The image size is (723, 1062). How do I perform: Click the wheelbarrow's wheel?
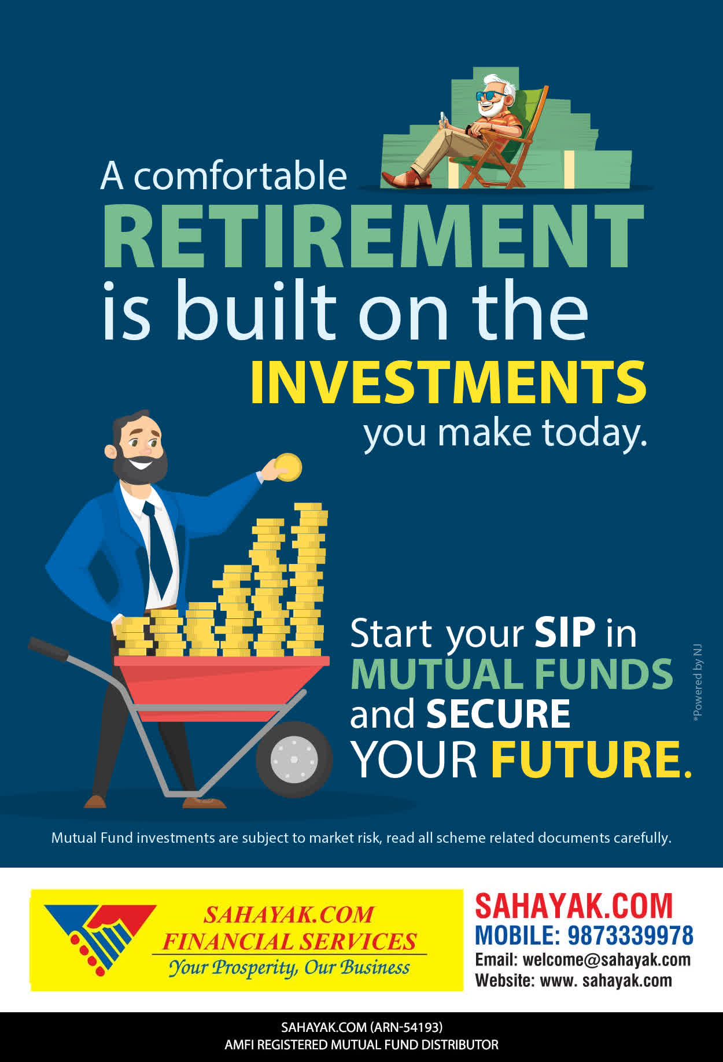pyautogui.click(x=294, y=759)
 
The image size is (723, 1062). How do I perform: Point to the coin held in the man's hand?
pyautogui.click(x=288, y=467)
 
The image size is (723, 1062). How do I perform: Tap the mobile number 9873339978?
pyautogui.click(x=630, y=935)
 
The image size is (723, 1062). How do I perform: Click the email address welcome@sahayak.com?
pyautogui.click(x=607, y=960)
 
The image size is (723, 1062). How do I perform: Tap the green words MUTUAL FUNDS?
pyautogui.click(x=512, y=674)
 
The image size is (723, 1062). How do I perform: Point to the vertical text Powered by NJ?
pyautogui.click(x=698, y=683)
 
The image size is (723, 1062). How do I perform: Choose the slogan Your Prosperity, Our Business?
pyautogui.click(x=289, y=968)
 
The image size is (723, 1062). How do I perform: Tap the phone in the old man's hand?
pyautogui.click(x=444, y=119)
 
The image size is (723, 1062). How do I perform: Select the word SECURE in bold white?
pyautogui.click(x=498, y=714)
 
